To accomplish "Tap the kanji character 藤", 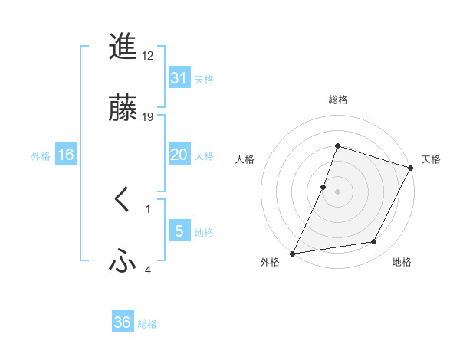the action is (123, 107).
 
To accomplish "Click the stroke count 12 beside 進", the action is (149, 57).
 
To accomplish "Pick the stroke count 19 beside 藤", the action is (149, 116).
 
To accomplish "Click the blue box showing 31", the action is (179, 78).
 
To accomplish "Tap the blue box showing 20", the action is (179, 155).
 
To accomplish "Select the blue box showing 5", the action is (179, 231).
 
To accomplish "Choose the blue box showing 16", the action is (66, 155).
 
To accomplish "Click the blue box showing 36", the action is (123, 322).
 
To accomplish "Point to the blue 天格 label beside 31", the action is (204, 79).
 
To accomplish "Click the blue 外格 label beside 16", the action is (41, 155).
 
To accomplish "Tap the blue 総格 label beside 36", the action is (147, 323).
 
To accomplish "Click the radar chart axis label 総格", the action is (337, 100).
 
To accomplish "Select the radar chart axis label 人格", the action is (245, 159).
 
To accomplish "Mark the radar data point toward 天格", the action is (411, 169).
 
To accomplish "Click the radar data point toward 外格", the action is (293, 253).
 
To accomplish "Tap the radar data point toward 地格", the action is (374, 242).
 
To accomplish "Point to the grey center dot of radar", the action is (337, 191).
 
